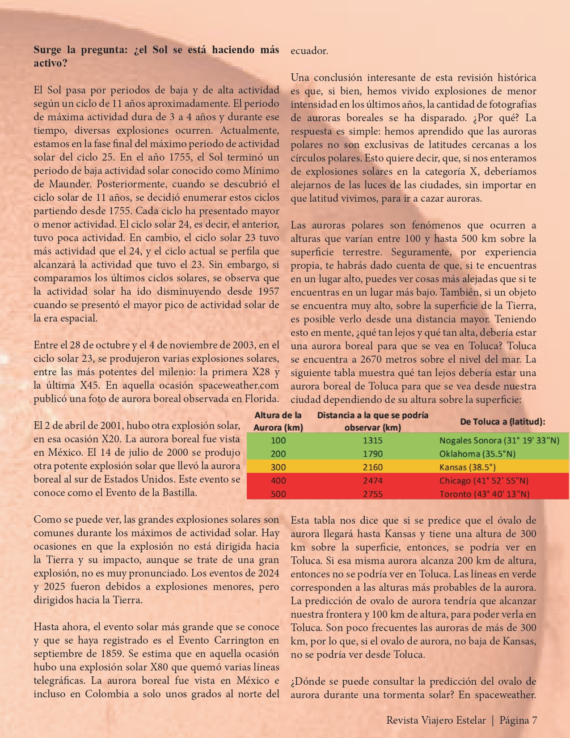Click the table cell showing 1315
372,440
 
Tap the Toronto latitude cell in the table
484,494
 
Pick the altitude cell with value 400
278,480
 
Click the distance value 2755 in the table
372,494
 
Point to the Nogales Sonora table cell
499,440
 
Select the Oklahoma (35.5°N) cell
477,454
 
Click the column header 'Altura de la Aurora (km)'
278,421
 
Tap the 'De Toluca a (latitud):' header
502,421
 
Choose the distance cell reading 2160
372,467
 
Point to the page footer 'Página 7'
518,720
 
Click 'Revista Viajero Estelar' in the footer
436,720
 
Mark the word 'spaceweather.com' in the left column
238,385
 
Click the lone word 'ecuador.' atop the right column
309,51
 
